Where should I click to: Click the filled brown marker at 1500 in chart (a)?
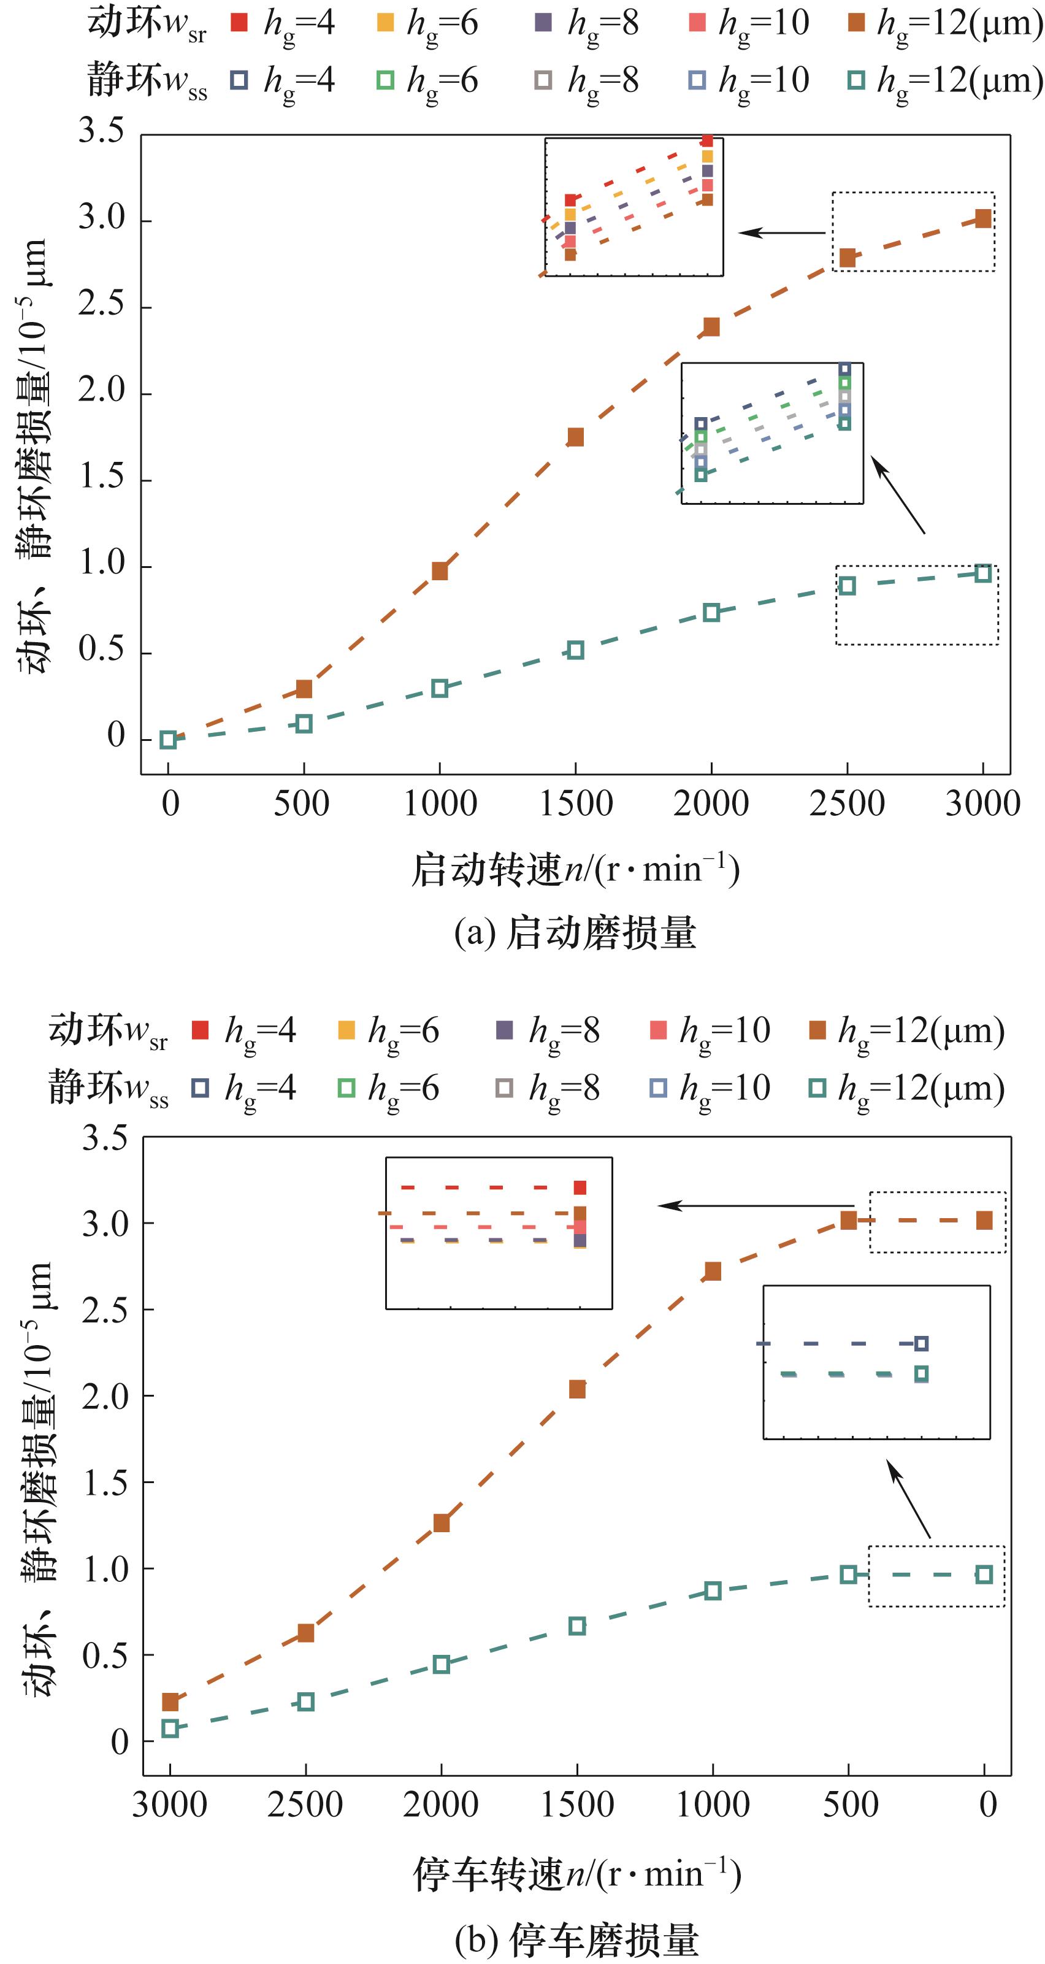(x=575, y=437)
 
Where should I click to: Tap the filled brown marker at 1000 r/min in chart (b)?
(x=713, y=1271)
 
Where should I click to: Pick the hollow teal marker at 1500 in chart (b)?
(x=577, y=1625)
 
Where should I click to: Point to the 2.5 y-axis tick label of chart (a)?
(x=101, y=304)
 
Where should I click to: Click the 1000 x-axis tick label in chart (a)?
(x=440, y=804)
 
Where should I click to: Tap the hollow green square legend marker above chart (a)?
(x=386, y=80)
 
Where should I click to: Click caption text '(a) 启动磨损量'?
(x=575, y=932)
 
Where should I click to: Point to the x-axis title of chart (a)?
(x=575, y=869)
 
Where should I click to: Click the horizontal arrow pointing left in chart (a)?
(x=781, y=232)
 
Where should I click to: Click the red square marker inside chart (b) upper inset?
(x=580, y=1187)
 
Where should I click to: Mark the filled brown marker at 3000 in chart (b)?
(x=170, y=1701)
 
